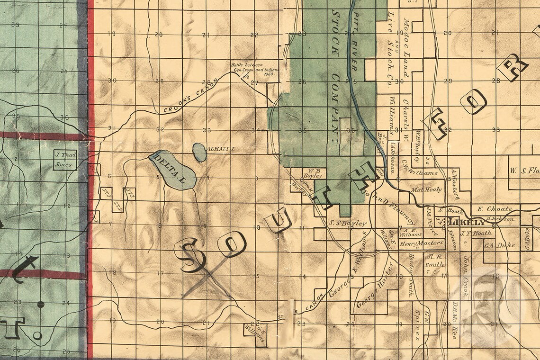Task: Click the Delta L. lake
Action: tap(173, 169)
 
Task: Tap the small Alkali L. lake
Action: tap(199, 152)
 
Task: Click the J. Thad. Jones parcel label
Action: tap(64, 160)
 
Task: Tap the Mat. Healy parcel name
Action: tap(426, 189)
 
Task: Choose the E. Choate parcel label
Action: tap(495, 208)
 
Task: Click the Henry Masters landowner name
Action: tap(421, 243)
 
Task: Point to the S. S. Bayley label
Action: tap(348, 223)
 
